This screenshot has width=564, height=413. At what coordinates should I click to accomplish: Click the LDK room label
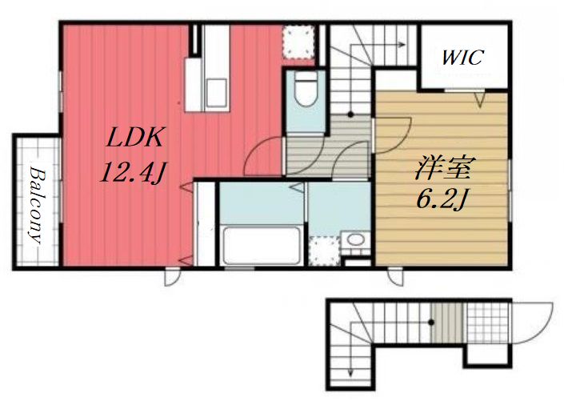(135, 137)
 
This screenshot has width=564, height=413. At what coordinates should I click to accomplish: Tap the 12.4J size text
(133, 172)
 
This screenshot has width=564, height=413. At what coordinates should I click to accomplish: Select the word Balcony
(38, 205)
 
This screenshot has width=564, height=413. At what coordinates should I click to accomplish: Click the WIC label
(463, 58)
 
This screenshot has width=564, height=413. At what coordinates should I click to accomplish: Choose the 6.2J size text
(442, 199)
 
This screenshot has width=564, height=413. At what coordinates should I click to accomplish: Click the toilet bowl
(306, 90)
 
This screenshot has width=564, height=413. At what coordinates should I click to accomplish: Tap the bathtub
(262, 246)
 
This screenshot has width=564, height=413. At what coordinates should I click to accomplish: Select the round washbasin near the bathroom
(355, 239)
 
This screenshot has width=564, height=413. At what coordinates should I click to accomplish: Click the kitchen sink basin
(217, 93)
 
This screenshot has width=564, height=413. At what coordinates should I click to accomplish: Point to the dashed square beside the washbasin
(324, 251)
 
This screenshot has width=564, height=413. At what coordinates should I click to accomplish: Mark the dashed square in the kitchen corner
(298, 42)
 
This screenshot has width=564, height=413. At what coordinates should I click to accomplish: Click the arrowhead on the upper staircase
(402, 45)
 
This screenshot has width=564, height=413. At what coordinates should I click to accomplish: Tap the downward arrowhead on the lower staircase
(350, 373)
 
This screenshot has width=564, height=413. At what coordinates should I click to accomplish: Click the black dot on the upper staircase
(350, 114)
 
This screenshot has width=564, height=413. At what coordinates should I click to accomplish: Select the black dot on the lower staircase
(431, 323)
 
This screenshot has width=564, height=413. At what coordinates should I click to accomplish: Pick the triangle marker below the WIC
(479, 100)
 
